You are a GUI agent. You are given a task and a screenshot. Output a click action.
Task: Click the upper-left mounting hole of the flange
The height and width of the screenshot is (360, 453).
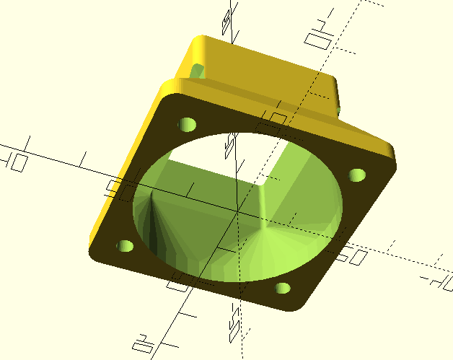click(x=188, y=124)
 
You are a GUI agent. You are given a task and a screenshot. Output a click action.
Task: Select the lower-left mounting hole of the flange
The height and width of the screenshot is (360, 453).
click(x=126, y=247)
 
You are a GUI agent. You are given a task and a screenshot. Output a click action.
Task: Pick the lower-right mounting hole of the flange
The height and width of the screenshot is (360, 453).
click(x=282, y=288)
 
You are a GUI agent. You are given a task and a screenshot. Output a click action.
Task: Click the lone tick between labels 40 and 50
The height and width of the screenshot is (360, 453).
click(x=84, y=157)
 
